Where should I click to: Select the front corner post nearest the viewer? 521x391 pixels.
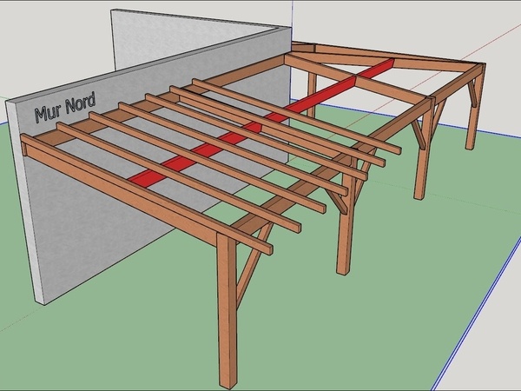[x=228, y=313]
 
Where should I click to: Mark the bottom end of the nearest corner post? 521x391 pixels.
[x=228, y=383]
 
